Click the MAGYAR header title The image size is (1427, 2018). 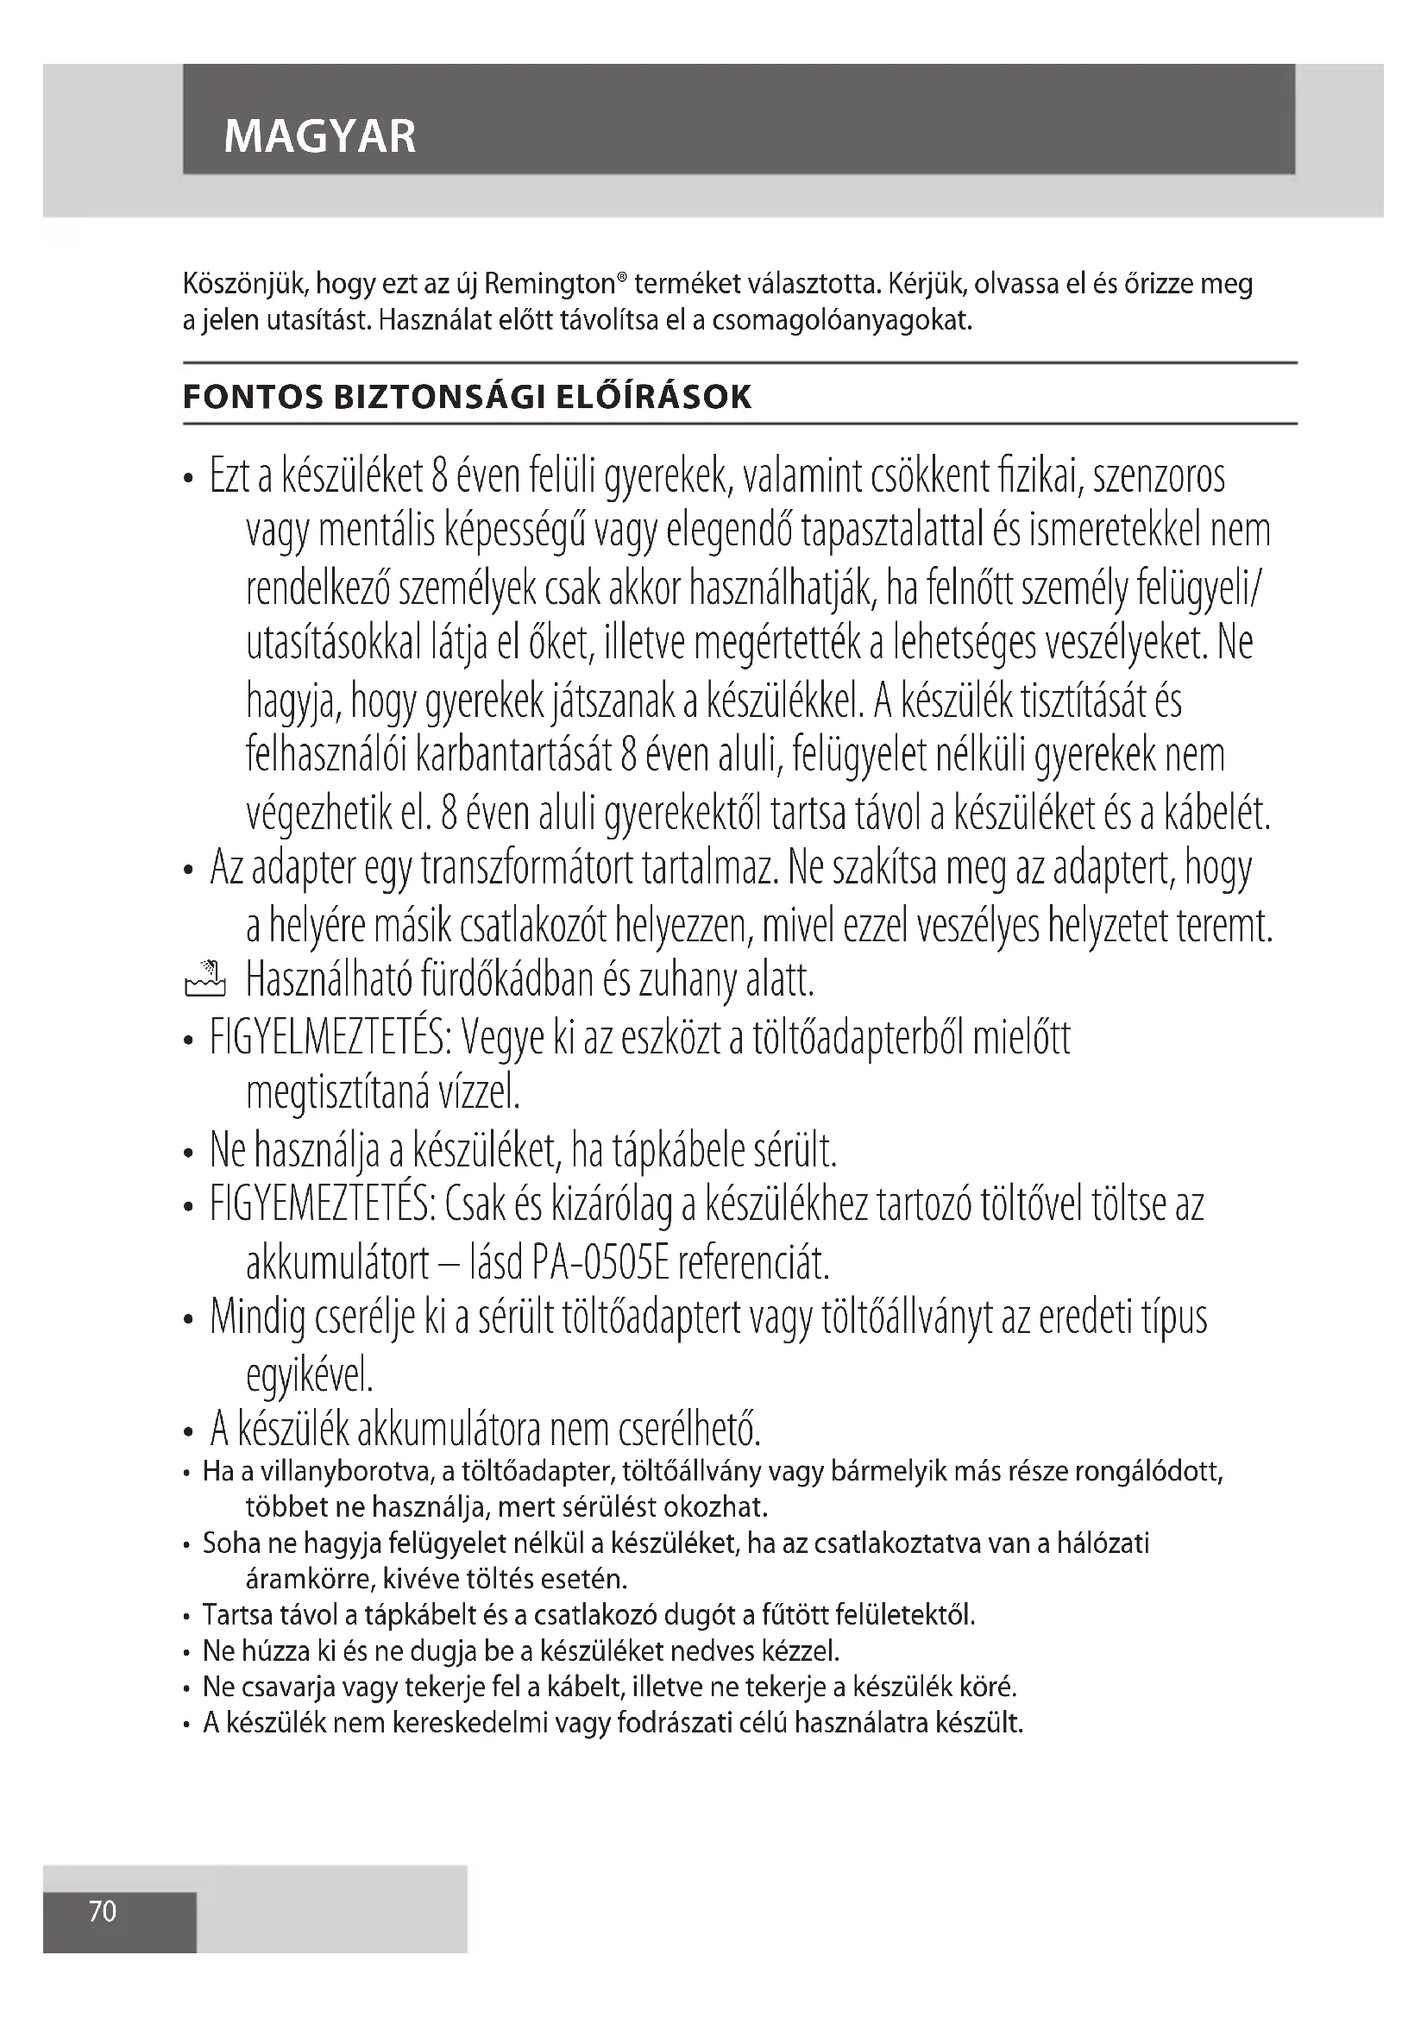[320, 136]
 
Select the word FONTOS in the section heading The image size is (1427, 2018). [253, 398]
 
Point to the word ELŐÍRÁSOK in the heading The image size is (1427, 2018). [655, 398]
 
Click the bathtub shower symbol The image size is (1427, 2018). [205, 979]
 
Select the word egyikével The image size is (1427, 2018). [310, 1375]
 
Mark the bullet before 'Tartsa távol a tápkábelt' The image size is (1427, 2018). [187, 1616]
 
